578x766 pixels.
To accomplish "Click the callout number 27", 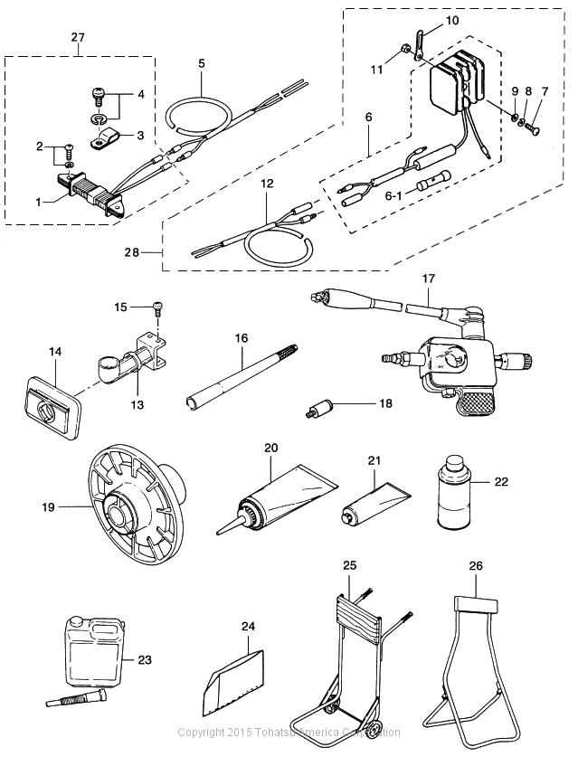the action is pos(78,37).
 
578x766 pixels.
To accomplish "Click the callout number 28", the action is pos(131,252).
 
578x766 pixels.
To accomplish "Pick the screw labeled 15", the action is pos(157,307).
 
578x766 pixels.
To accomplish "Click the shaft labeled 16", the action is pos(242,378).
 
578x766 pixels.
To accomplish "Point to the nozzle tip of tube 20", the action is pos(217,532).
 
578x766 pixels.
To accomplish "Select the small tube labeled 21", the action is pos(374,503).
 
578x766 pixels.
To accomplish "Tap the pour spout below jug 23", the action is pos(76,695).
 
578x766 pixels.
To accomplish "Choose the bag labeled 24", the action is pos(234,683).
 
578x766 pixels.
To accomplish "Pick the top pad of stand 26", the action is pos(476,604).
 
